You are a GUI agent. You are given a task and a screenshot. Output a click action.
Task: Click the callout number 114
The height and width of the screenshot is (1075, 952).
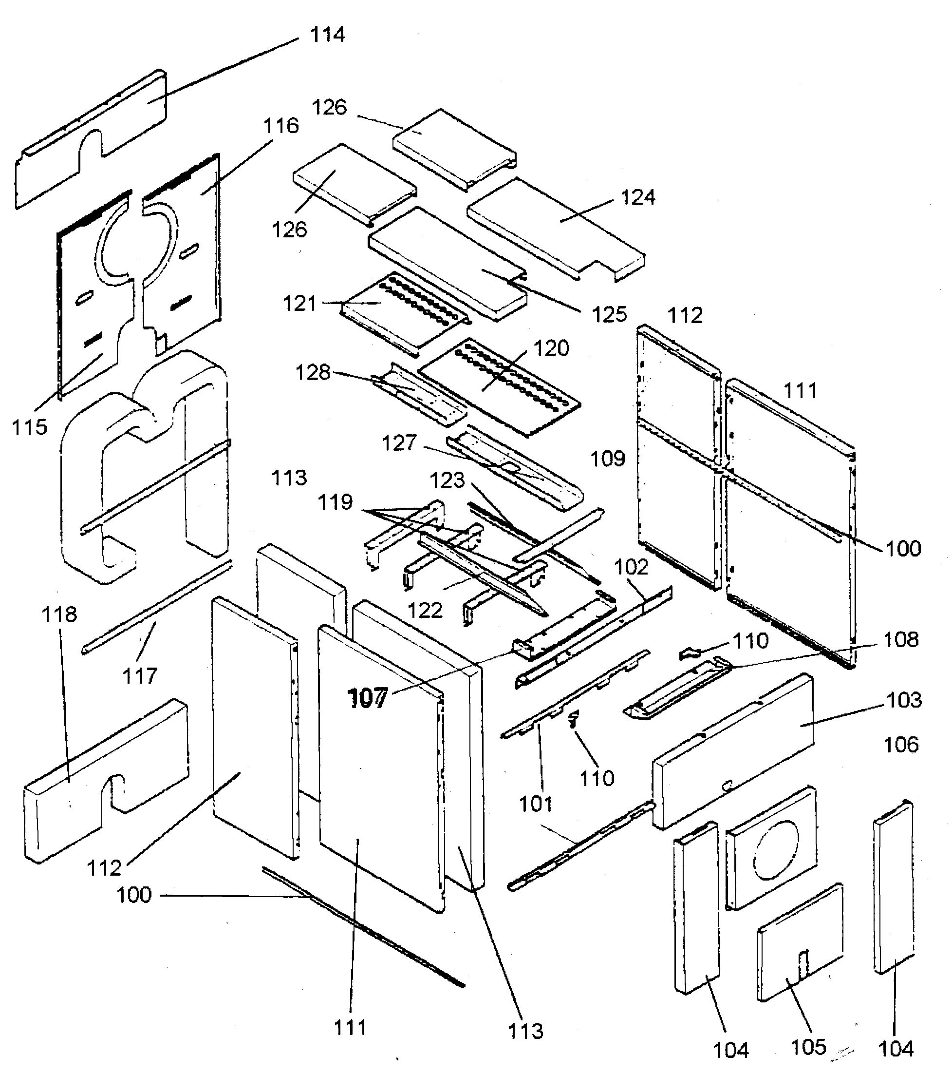[327, 35]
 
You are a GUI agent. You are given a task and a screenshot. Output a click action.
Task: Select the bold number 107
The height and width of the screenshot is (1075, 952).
[368, 698]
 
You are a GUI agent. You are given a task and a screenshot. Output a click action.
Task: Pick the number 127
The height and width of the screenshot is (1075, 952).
[399, 443]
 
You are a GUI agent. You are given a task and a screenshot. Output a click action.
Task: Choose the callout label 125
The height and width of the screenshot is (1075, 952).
[609, 314]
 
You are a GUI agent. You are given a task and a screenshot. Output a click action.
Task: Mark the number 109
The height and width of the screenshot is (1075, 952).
[608, 459]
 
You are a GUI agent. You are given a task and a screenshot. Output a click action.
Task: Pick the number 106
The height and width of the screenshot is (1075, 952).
[901, 745]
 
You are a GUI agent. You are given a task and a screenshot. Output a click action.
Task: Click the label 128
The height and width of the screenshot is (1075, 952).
[312, 373]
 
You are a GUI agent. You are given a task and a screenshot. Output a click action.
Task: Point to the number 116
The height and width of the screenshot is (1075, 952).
[280, 126]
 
